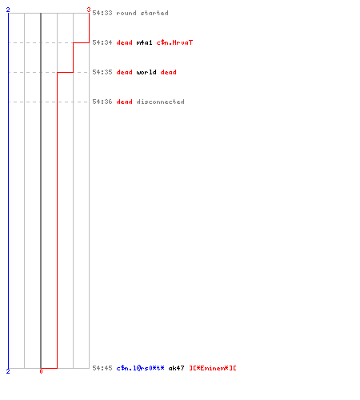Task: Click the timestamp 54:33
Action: click(102, 13)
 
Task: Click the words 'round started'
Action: click(142, 13)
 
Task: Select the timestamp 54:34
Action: click(102, 42)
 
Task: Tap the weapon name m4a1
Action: click(144, 42)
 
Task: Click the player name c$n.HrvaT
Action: click(174, 42)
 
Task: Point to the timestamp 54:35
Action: click(102, 72)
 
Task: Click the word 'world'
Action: click(146, 72)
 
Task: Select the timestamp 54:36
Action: click(102, 102)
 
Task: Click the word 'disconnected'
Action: click(160, 102)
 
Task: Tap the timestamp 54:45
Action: click(102, 368)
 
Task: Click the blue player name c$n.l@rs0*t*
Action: click(140, 368)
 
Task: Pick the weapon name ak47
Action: click(176, 368)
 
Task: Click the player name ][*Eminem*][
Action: click(213, 368)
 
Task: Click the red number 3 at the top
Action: click(89, 10)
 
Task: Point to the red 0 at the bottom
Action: click(41, 371)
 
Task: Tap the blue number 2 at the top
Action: click(8, 10)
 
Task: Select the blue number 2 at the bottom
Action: click(8, 371)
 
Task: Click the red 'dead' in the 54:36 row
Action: click(124, 102)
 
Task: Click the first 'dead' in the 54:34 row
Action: click(124, 42)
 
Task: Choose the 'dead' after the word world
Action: click(168, 72)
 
